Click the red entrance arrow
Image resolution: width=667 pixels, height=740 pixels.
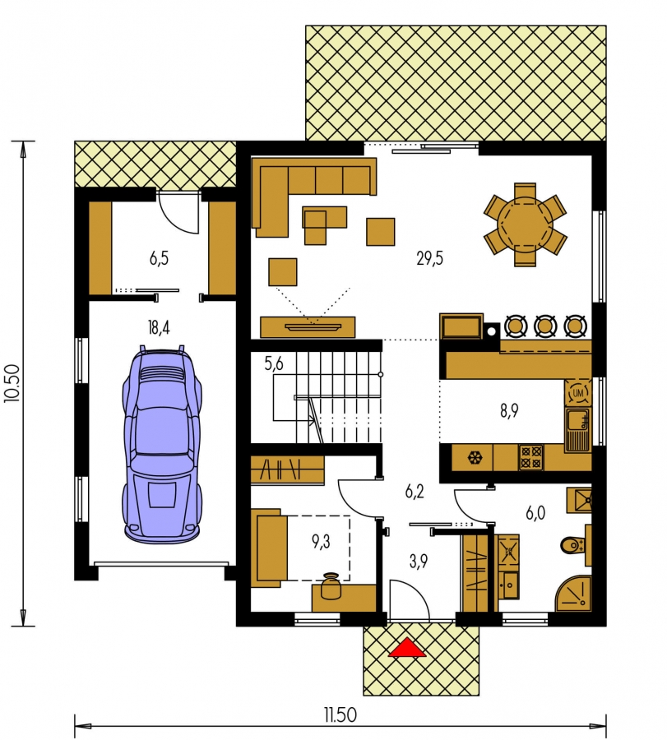(x=407, y=648)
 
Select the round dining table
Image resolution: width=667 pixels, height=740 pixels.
(x=525, y=225)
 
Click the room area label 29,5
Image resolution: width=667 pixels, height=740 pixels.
(x=429, y=258)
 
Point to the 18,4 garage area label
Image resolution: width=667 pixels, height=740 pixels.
(x=159, y=326)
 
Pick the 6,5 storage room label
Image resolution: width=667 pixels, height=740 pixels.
(x=159, y=258)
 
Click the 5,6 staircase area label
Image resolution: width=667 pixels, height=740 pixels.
(x=274, y=363)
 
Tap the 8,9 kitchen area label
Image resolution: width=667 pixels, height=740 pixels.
(x=509, y=410)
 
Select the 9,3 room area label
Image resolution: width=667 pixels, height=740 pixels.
(x=321, y=542)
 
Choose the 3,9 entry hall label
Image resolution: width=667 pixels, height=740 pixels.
(x=419, y=561)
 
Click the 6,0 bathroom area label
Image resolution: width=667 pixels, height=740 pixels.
(x=535, y=512)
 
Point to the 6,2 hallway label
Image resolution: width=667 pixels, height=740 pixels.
(x=415, y=492)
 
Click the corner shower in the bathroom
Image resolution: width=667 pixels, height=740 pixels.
(x=575, y=593)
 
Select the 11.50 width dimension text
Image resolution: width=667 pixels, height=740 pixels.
(x=340, y=715)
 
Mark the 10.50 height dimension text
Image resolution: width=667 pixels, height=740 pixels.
(x=12, y=382)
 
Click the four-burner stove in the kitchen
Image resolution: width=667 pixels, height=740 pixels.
(x=531, y=457)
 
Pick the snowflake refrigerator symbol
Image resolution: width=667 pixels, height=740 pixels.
(x=473, y=457)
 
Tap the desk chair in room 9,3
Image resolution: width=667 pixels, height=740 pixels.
(x=331, y=585)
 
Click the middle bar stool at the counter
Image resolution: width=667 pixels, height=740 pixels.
(x=544, y=326)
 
